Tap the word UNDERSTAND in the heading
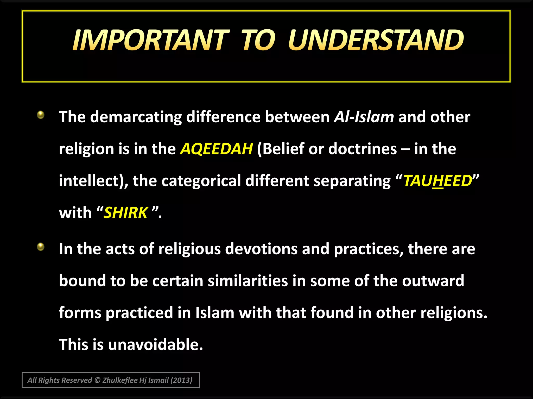click(x=376, y=40)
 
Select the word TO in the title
click(x=258, y=40)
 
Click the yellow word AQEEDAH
click(x=216, y=149)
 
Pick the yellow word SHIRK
click(x=126, y=213)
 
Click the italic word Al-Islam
click(x=364, y=117)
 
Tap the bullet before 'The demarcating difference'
click(x=41, y=115)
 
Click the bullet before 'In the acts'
click(x=41, y=247)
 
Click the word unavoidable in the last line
click(x=155, y=345)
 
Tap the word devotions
click(x=261, y=249)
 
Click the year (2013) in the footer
click(x=181, y=380)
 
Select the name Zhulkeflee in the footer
click(x=120, y=380)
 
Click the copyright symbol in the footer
click(x=97, y=380)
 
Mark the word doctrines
click(x=363, y=149)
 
